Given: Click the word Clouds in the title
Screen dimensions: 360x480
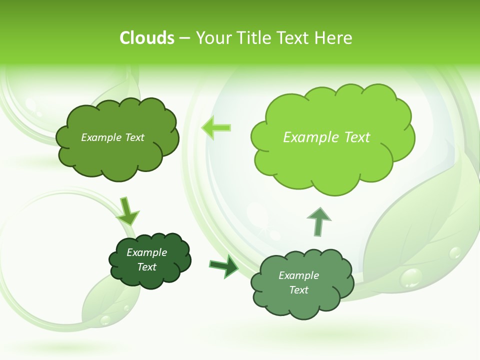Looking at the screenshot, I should (x=147, y=38).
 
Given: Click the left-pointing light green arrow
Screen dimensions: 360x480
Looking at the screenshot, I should (x=216, y=128).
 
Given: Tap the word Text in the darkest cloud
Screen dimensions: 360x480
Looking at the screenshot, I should (x=147, y=267).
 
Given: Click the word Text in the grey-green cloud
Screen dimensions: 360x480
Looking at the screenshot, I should (x=299, y=290).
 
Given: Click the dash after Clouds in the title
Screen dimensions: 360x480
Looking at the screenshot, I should (x=184, y=38).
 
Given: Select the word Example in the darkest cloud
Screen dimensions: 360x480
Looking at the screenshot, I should (x=146, y=252).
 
